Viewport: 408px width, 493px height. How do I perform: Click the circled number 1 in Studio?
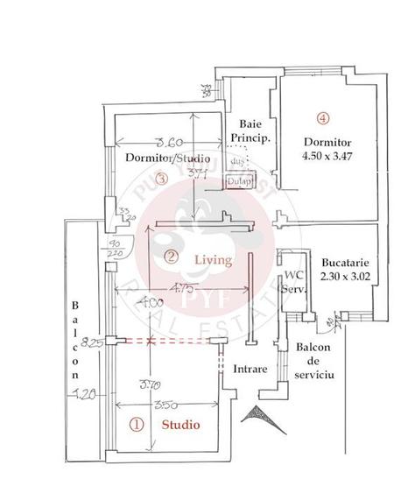tap(137, 425)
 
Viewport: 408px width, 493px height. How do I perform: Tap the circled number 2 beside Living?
tap(172, 257)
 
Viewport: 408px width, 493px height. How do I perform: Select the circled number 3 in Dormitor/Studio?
tap(160, 180)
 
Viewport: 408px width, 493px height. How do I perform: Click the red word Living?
tap(213, 260)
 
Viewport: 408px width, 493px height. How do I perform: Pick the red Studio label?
tap(179, 425)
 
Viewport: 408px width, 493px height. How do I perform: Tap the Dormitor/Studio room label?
tap(167, 159)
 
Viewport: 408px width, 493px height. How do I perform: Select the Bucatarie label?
tap(336, 262)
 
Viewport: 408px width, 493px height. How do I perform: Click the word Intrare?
tap(250, 369)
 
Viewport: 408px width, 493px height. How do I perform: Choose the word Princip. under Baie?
tap(250, 138)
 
